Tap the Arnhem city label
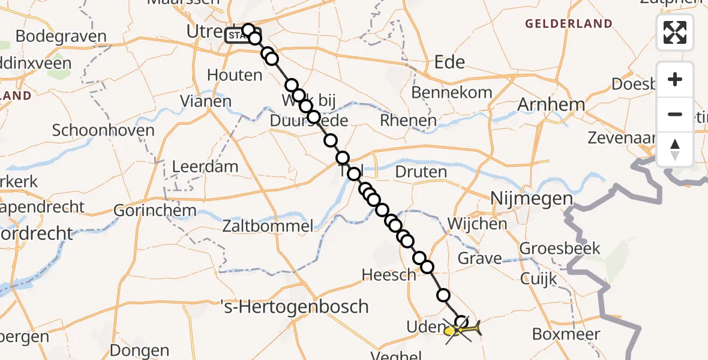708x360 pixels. coord(551,104)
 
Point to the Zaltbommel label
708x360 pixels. coord(267,226)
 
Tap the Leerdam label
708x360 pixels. coord(205,166)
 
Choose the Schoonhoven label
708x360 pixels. coord(103,130)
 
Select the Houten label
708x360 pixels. coord(235,75)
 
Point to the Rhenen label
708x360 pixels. coord(408,121)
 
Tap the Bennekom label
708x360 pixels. coord(452,92)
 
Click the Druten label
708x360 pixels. coord(421,172)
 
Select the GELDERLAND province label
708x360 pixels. coord(569,24)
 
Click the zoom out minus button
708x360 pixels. coord(675,114)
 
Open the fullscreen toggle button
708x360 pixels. coord(675,32)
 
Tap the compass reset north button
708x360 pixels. coord(675,149)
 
